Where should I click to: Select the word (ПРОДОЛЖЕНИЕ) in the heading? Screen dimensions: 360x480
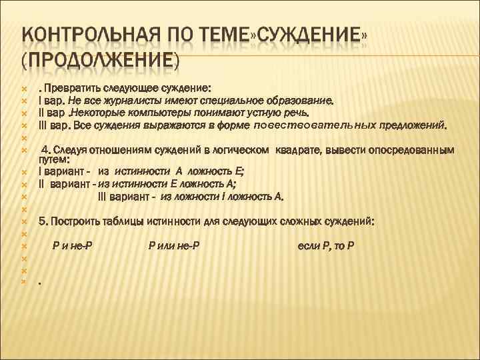(100, 61)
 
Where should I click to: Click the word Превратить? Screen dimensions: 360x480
(71, 88)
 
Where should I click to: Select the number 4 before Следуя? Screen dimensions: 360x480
(45, 149)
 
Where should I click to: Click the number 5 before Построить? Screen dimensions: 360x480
(42, 220)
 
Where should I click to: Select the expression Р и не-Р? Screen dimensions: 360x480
(73, 245)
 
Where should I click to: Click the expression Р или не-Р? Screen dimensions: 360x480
(174, 245)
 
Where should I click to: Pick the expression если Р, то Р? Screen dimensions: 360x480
(325, 245)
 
